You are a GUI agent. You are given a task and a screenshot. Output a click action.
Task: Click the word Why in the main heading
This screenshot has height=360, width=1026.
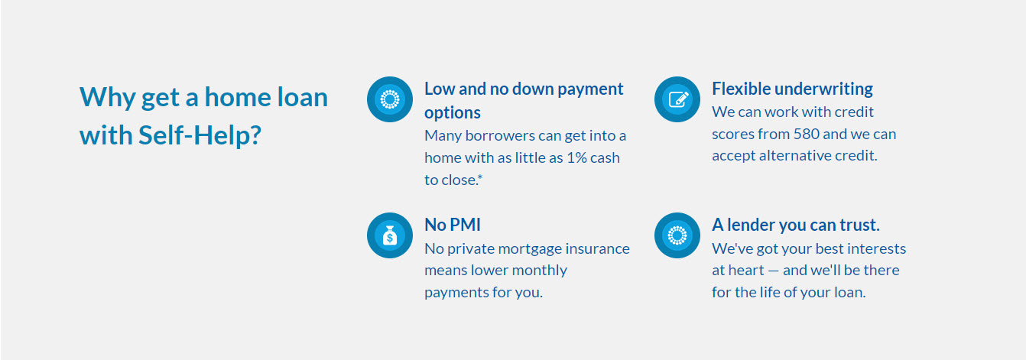pyautogui.click(x=107, y=98)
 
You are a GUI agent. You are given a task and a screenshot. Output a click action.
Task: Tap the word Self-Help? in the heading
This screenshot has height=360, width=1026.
pyautogui.click(x=200, y=135)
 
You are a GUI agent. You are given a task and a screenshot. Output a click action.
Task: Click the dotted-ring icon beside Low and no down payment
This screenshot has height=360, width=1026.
pyautogui.click(x=390, y=99)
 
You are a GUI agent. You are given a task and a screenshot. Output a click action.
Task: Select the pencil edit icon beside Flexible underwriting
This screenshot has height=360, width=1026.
pyautogui.click(x=677, y=99)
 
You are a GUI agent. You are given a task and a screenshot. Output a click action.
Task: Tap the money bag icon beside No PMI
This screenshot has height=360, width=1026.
pyautogui.click(x=390, y=235)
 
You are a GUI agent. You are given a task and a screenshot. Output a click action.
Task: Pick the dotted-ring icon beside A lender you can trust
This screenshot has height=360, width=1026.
pyautogui.click(x=677, y=235)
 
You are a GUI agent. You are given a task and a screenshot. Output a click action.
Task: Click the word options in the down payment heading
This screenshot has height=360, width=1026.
pyautogui.click(x=452, y=113)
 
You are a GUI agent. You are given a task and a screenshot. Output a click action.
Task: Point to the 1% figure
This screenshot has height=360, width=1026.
pyautogui.click(x=576, y=157)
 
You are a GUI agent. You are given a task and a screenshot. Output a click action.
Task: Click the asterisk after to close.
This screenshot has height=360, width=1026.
pyautogui.click(x=480, y=177)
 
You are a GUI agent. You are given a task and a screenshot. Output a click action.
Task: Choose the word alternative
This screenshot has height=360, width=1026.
pyautogui.click(x=794, y=155)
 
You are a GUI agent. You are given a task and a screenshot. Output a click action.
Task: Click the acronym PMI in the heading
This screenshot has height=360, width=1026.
pyautogui.click(x=466, y=225)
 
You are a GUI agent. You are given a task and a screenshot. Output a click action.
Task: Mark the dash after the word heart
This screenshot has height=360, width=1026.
pyautogui.click(x=773, y=271)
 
